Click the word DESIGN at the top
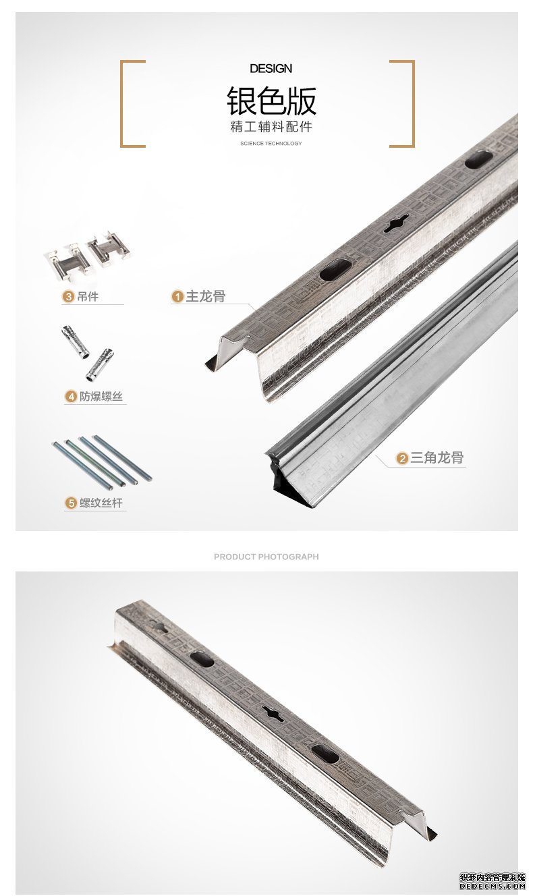coord(271,68)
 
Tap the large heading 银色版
coord(271,101)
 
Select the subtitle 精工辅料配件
coord(271,127)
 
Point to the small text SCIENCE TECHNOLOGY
coord(271,143)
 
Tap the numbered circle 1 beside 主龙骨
coord(177,296)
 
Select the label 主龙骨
coord(206,296)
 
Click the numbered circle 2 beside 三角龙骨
coord(402,458)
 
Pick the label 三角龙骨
coord(437,457)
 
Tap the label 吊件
coord(88,296)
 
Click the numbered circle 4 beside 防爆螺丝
coord(71,397)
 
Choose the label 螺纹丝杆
coord(101,503)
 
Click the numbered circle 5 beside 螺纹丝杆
coord(71,503)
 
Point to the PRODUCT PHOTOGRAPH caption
coord(266,557)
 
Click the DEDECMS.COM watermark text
coord(493,886)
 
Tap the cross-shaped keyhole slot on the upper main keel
coord(396,223)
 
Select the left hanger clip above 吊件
coord(67,260)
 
